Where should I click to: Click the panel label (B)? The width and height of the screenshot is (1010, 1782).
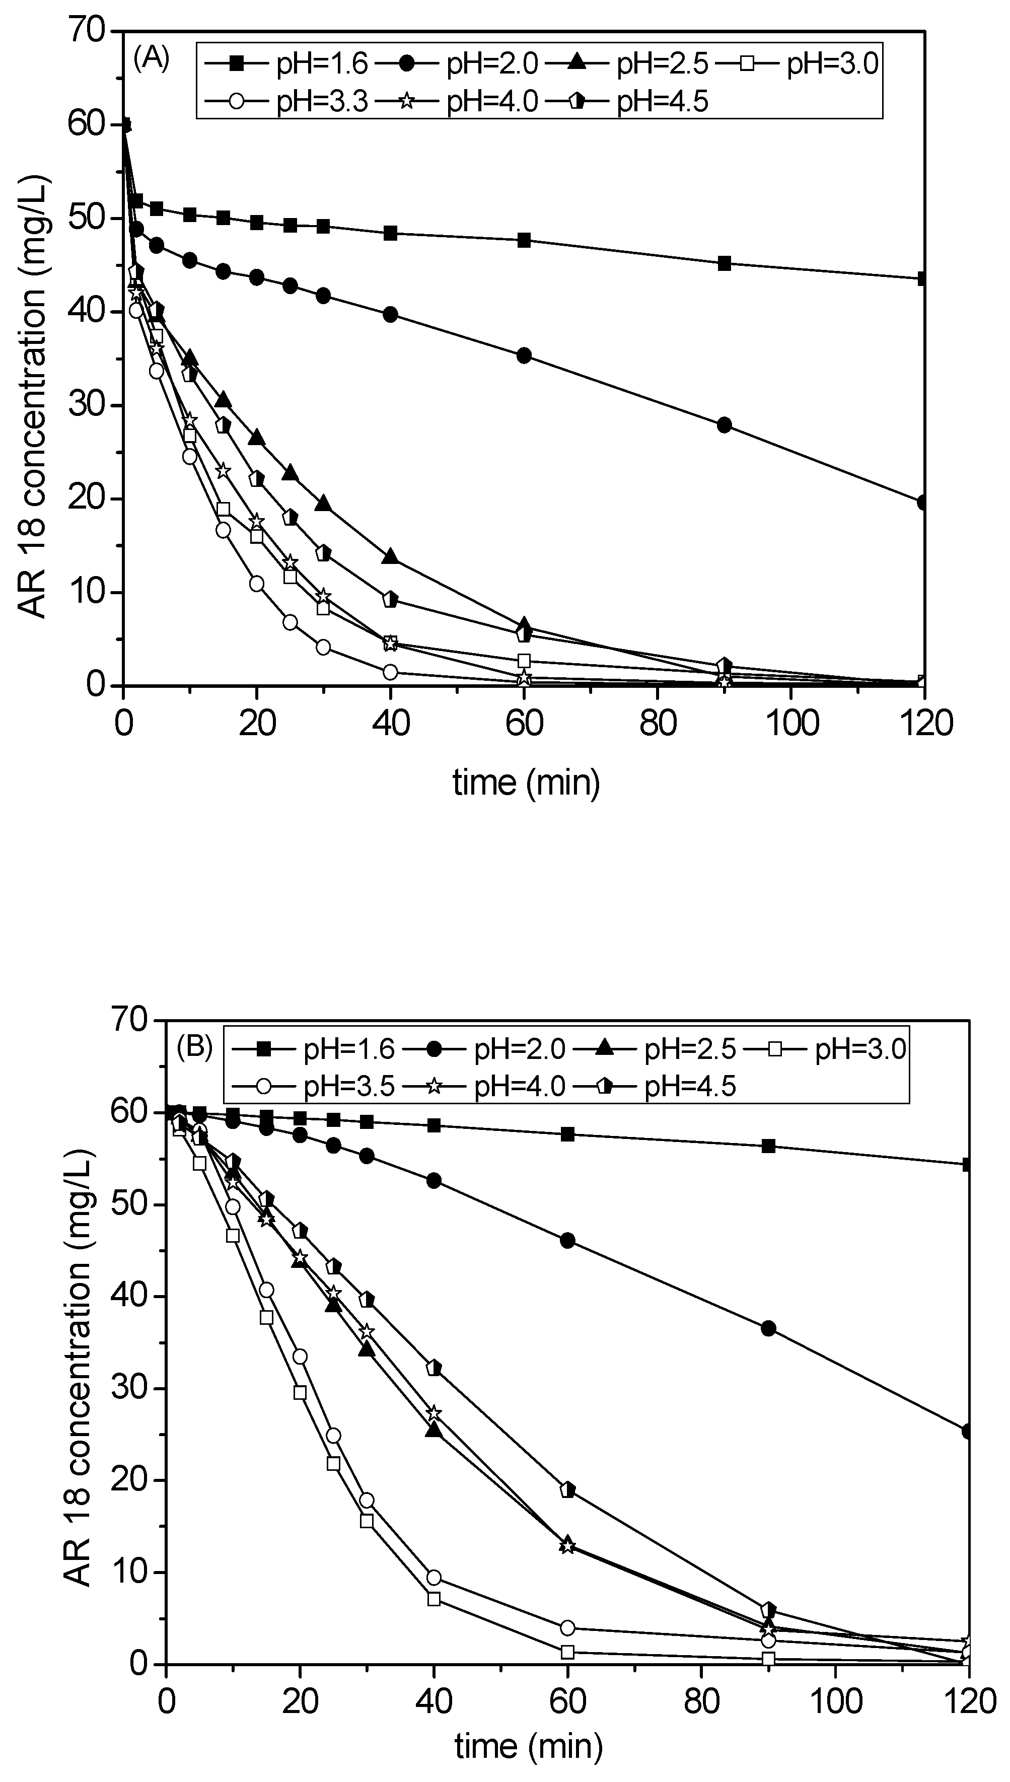(194, 1046)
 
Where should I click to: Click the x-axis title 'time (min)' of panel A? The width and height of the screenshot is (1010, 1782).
(526, 782)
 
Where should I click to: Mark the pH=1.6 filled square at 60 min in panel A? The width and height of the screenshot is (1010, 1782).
(525, 241)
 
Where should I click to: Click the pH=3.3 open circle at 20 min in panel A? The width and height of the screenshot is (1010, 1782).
(257, 584)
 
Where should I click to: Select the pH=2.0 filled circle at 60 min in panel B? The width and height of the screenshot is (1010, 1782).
(567, 1241)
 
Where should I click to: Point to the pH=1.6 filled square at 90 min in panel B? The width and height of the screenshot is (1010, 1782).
(768, 1146)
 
